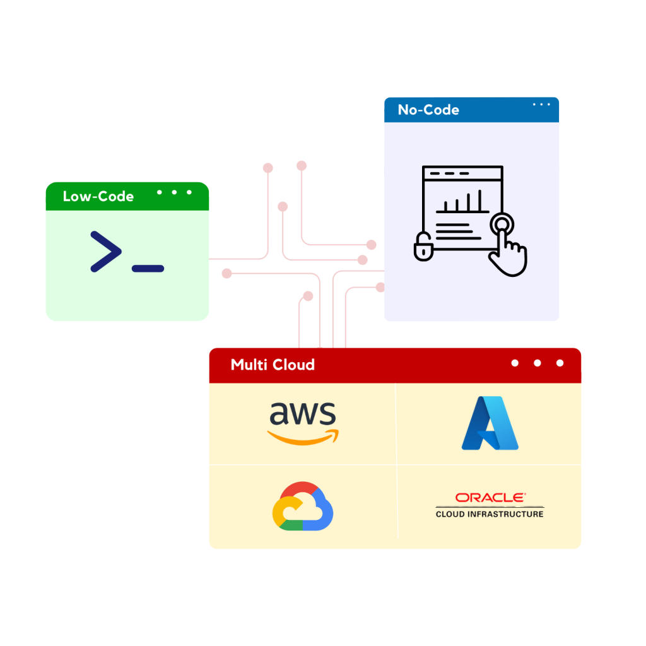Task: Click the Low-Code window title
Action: point(98,196)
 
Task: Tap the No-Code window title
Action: point(428,110)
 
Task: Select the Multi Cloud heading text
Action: point(273,365)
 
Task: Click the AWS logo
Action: point(303,421)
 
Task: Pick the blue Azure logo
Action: point(490,423)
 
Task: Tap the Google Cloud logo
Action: point(303,506)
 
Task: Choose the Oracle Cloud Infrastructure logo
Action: point(490,505)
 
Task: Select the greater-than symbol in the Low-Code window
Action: point(105,252)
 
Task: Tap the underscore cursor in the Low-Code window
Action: point(148,269)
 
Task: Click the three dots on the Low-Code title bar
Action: point(174,192)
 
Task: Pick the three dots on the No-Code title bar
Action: point(541,105)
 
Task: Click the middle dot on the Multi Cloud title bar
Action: point(537,363)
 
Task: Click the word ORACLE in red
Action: point(490,498)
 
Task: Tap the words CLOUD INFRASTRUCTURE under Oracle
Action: point(490,514)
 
